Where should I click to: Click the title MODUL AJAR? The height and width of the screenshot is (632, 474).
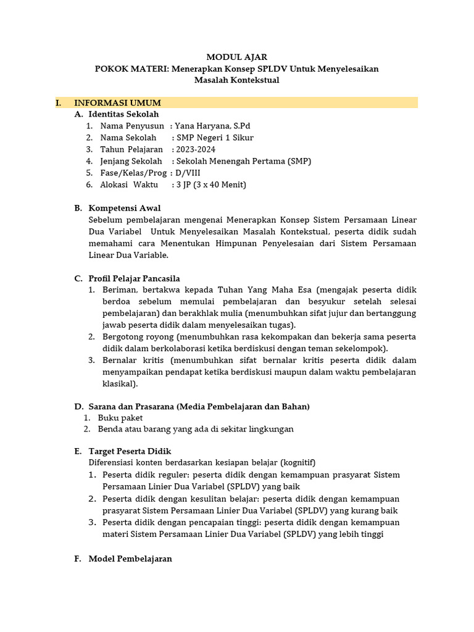[236, 57]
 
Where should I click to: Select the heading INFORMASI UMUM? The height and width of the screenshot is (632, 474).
[117, 102]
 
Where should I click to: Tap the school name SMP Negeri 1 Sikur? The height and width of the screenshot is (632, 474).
[215, 138]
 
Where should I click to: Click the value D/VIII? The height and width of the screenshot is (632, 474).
[188, 173]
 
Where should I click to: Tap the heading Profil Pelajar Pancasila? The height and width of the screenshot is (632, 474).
[134, 278]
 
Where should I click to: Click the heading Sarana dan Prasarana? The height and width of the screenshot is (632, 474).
[131, 406]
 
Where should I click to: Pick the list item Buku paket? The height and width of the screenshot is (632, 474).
[120, 418]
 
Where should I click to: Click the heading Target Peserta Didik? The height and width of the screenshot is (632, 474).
[130, 451]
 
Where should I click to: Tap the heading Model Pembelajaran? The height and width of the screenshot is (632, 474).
[130, 559]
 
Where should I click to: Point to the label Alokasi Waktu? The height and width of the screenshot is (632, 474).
[128, 185]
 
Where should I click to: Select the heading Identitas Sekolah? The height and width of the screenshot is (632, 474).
[123, 114]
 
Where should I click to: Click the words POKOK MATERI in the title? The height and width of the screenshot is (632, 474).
[130, 69]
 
